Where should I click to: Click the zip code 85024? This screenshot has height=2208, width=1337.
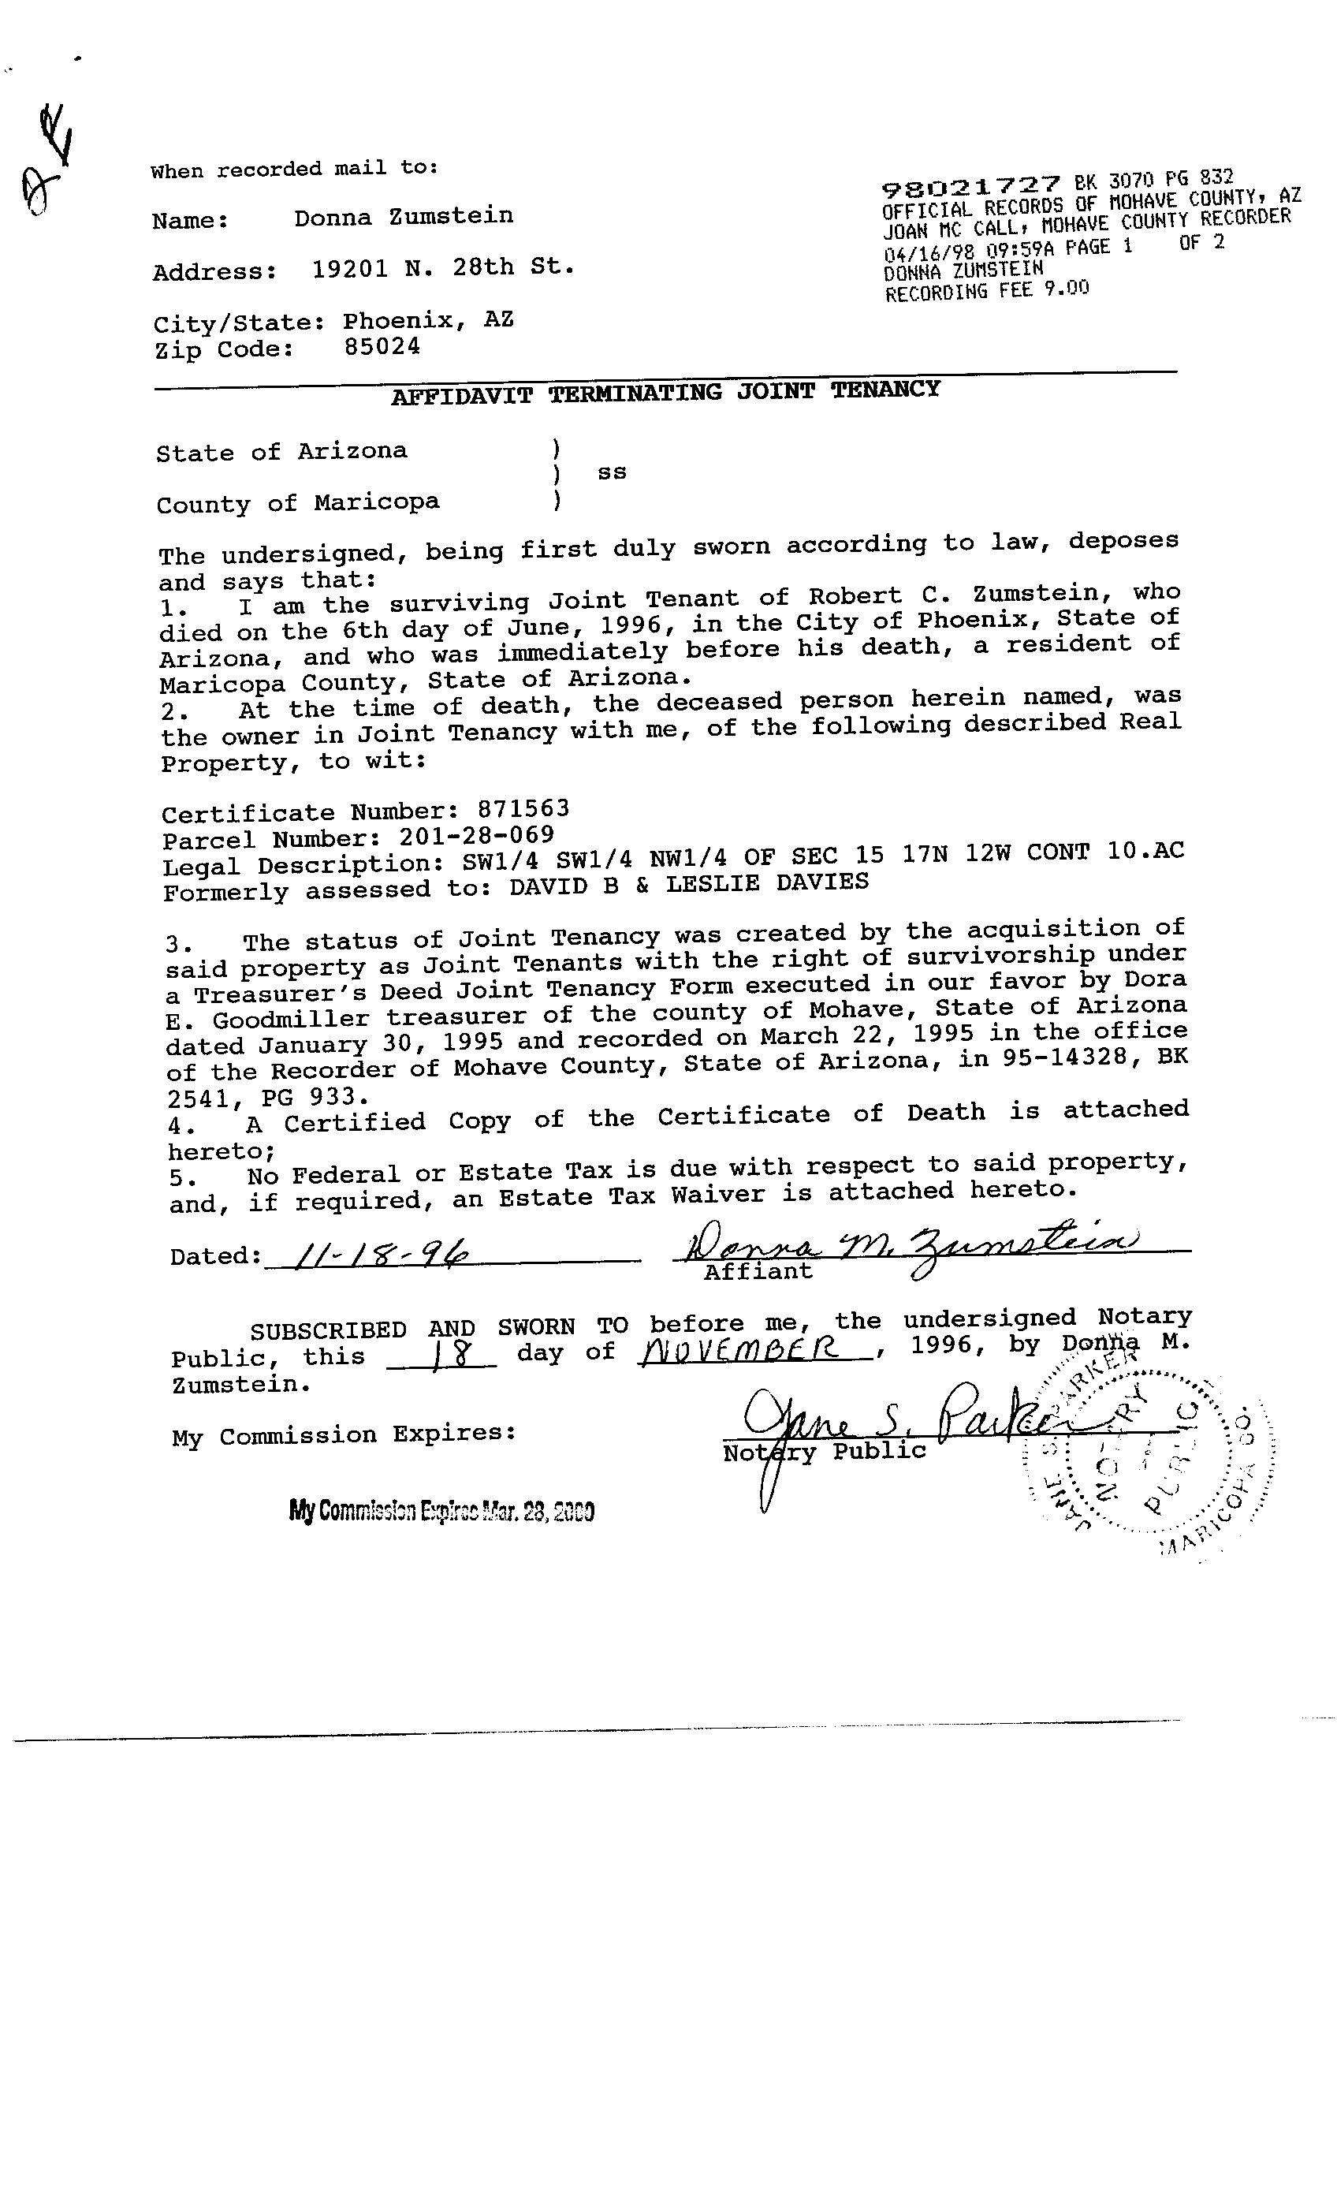click(382, 347)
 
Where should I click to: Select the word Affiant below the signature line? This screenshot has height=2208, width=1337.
click(758, 1270)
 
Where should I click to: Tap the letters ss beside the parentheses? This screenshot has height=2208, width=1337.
click(612, 472)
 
